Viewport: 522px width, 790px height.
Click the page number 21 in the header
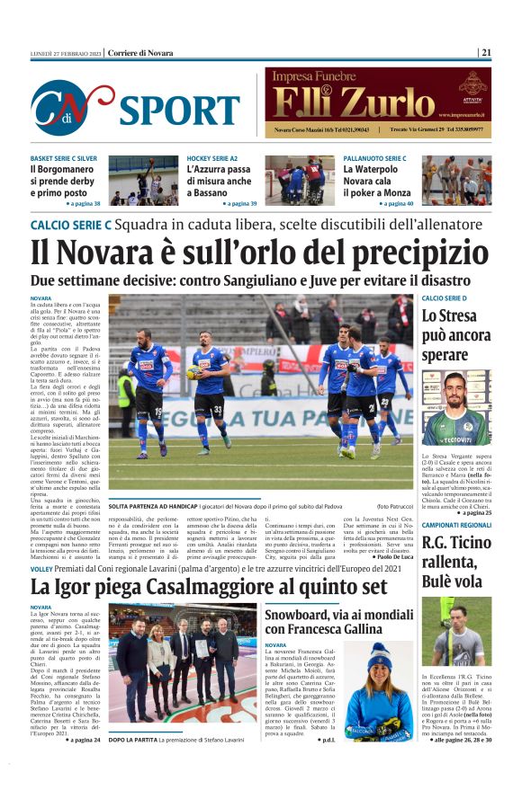[486, 52]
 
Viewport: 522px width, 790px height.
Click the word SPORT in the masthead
[179, 110]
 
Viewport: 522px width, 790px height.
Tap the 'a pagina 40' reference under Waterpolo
[394, 204]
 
